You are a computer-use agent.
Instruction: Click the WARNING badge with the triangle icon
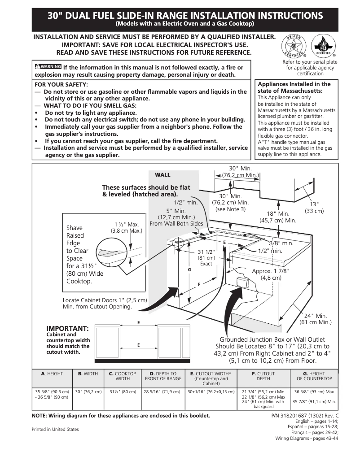[x=48, y=67]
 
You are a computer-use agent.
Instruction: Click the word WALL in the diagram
[x=162, y=175]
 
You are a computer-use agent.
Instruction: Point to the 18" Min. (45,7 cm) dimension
[x=278, y=217]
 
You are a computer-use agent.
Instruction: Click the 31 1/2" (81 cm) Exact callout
[x=206, y=258]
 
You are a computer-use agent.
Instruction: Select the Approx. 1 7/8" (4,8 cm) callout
[x=271, y=274]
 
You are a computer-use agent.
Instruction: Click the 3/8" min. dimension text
[x=281, y=243]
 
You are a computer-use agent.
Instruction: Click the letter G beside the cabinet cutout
[x=189, y=269]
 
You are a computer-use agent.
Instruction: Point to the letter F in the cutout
[x=199, y=285]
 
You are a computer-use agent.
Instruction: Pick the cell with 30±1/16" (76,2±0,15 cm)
[x=211, y=391]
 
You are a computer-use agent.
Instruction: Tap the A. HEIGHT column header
[x=52, y=374]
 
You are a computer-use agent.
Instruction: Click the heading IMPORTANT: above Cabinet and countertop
[x=67, y=328]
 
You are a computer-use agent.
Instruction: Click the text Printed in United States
[x=55, y=429]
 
